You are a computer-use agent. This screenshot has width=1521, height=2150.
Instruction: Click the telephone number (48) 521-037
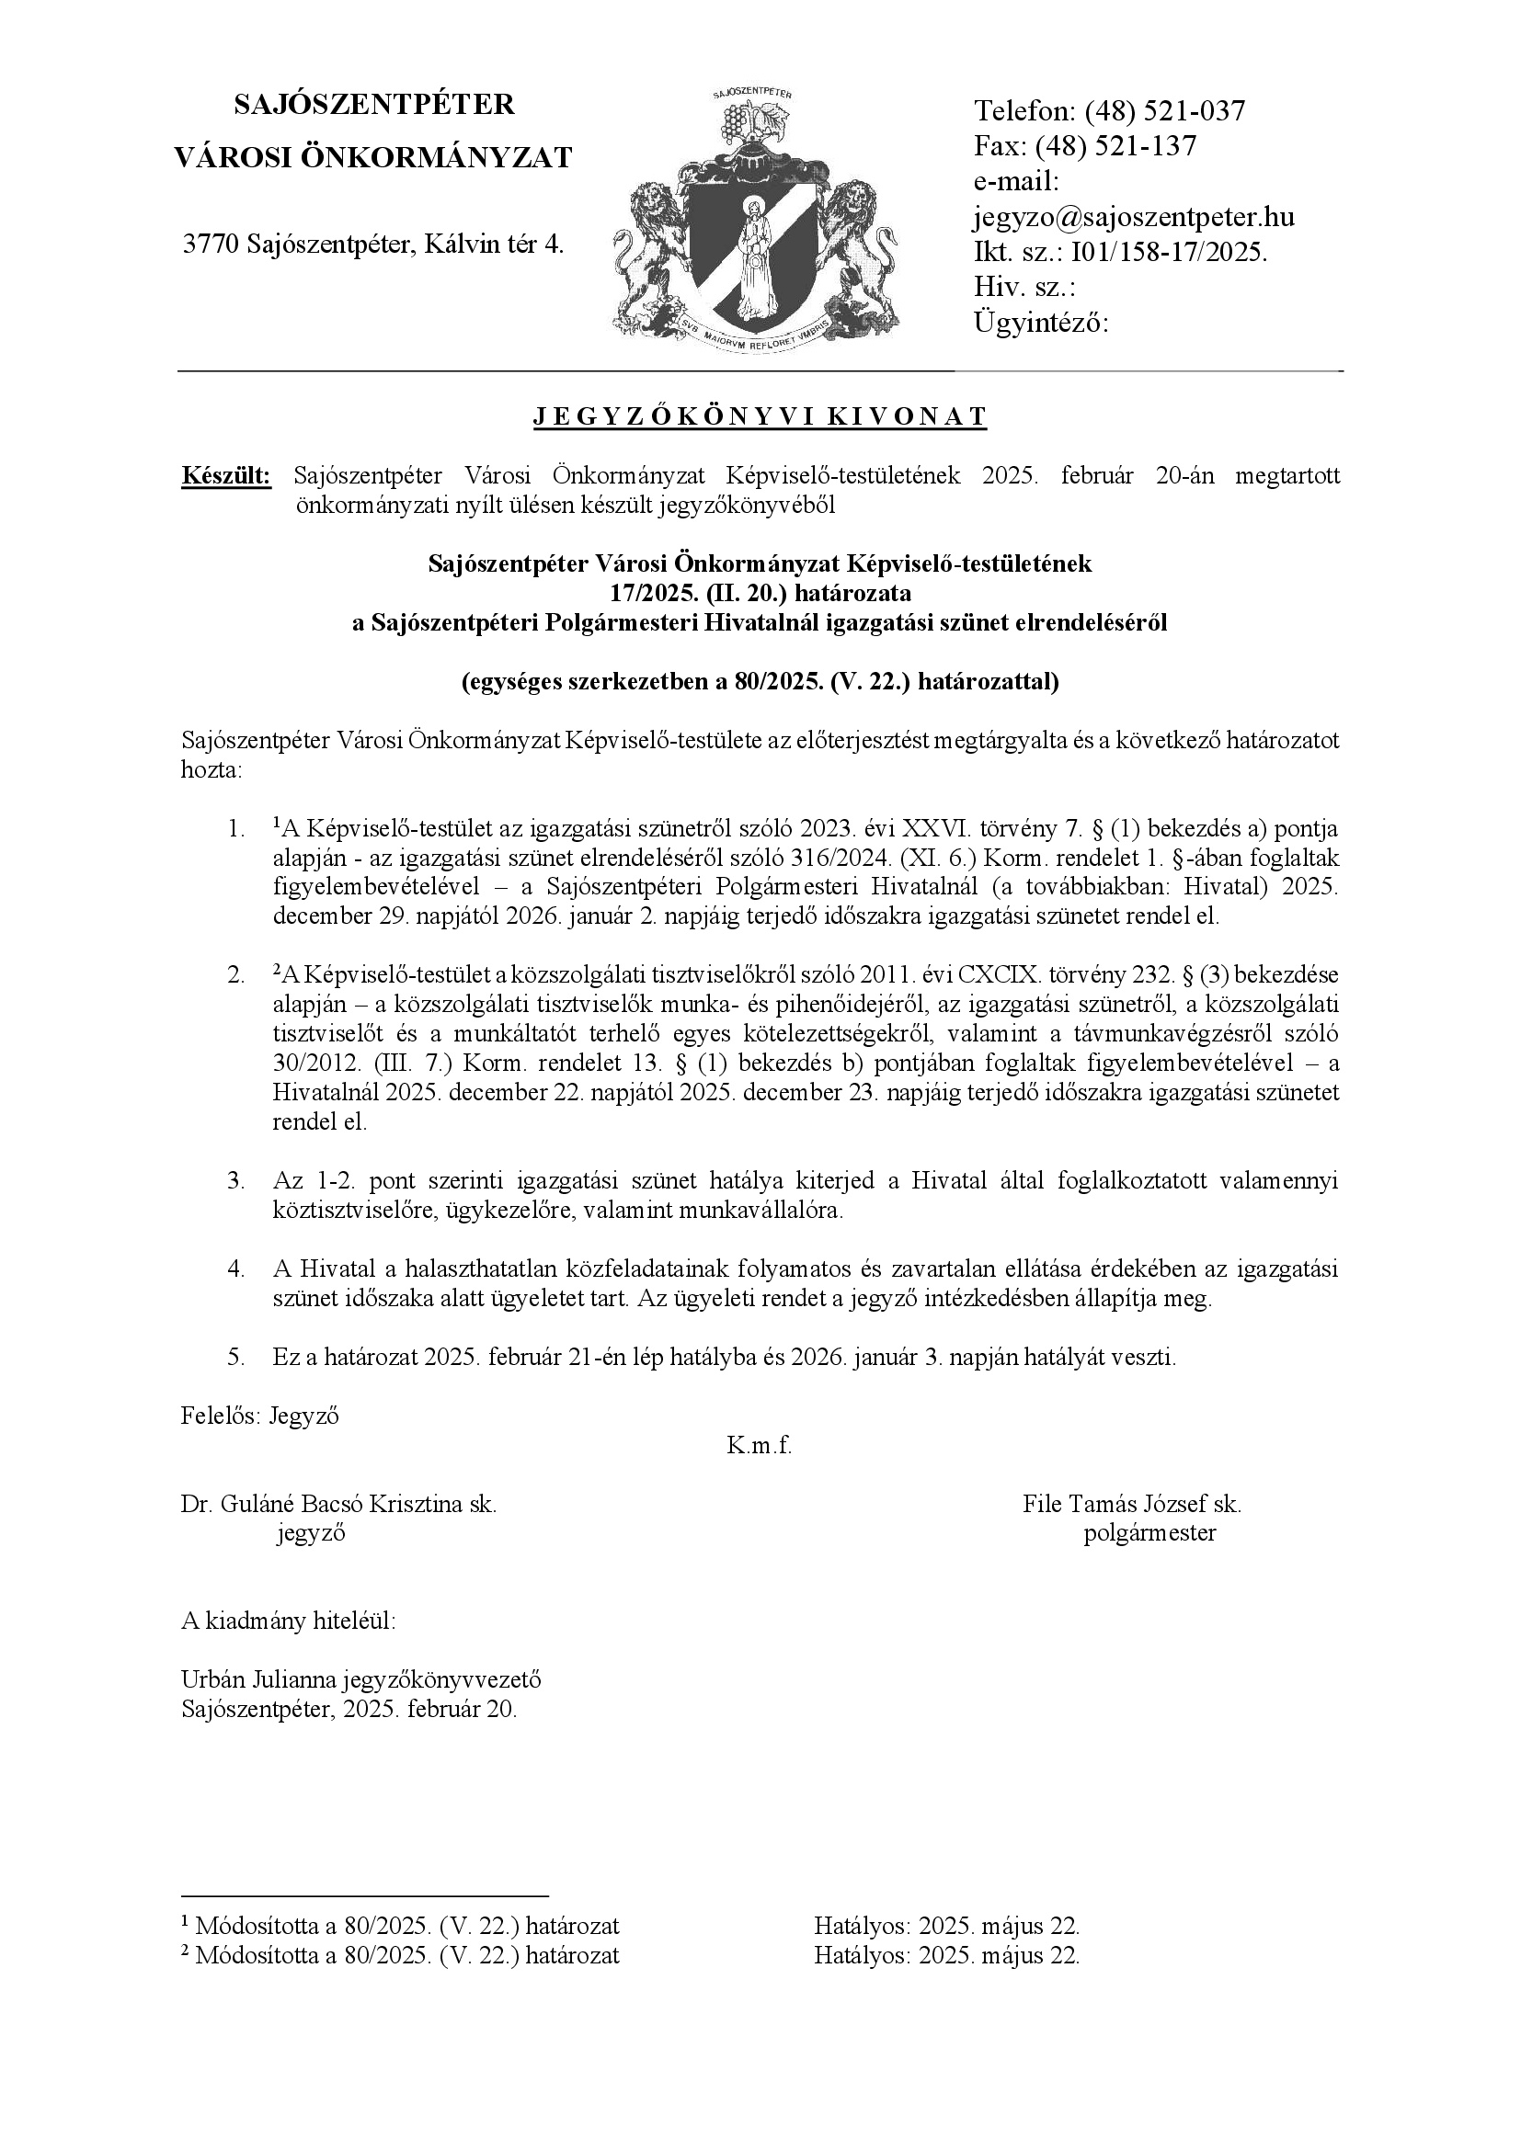coord(1165,111)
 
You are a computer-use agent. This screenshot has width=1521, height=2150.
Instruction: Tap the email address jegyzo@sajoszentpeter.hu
coord(1134,217)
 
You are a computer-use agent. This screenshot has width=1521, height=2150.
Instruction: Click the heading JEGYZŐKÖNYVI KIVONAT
coord(760,416)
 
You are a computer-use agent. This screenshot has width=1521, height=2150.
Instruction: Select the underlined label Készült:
coord(225,476)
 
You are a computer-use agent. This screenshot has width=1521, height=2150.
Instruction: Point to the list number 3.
coord(235,1181)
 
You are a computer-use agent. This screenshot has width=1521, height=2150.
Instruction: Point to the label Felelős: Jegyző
coord(259,1416)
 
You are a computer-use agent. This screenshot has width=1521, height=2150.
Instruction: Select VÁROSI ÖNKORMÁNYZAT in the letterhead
coord(373,157)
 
